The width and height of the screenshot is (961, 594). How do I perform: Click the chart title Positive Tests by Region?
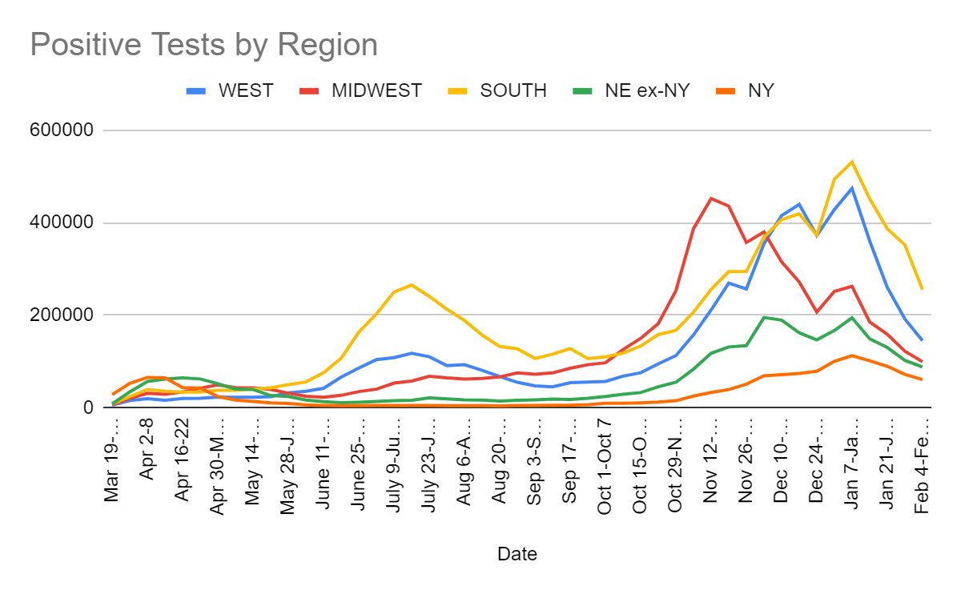(203, 45)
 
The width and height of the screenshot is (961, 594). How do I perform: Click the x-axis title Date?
(517, 554)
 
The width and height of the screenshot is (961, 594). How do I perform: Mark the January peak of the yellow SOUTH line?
(851, 162)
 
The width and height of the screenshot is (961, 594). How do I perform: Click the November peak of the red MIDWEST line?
(711, 198)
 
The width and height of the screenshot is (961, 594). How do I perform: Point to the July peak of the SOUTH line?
(411, 284)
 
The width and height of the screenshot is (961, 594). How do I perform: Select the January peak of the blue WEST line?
(851, 188)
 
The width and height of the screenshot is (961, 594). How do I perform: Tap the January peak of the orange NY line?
(851, 355)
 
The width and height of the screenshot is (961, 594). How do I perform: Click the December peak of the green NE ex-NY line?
(764, 318)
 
